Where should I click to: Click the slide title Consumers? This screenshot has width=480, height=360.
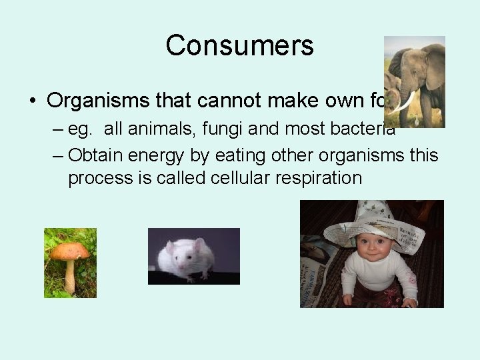click(239, 45)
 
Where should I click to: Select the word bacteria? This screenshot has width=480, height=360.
click(365, 129)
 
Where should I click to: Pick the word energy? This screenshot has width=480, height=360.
click(153, 155)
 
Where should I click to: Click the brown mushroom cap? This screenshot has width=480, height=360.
click(69, 251)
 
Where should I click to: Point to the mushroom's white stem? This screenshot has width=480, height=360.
click(69, 276)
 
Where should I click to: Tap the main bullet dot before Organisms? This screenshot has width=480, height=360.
click(32, 101)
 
